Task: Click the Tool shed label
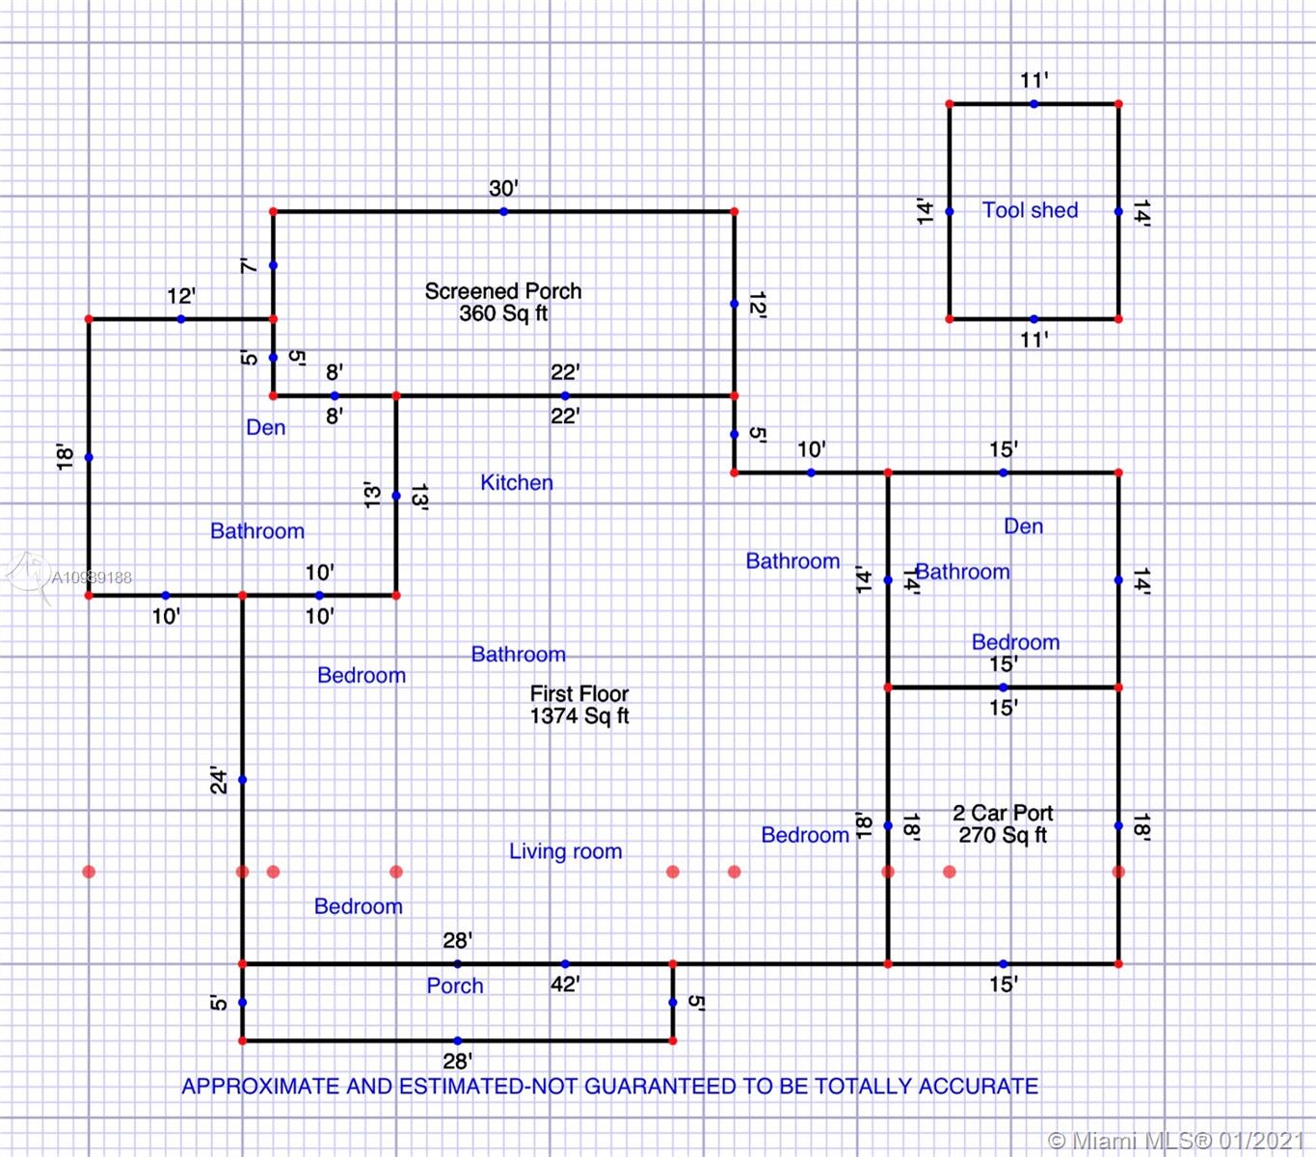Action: (x=1030, y=210)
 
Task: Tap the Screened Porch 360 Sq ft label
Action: (x=503, y=302)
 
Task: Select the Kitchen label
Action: (x=517, y=483)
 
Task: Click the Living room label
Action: (x=565, y=851)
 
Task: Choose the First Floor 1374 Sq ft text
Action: (x=579, y=705)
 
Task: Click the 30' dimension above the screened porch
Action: (x=503, y=188)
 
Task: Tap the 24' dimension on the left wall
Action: (x=220, y=780)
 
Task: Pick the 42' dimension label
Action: (x=565, y=984)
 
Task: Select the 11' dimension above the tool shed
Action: (x=1034, y=81)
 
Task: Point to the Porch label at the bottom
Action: (x=455, y=986)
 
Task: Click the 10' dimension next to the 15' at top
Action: (x=811, y=449)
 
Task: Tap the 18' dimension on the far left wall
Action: (x=66, y=457)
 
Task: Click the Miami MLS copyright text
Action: (x=1175, y=1142)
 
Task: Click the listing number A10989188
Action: (x=92, y=578)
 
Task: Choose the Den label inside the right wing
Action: (x=1023, y=526)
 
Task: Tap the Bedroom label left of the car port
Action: (x=805, y=835)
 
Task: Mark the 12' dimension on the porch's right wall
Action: (x=757, y=305)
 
